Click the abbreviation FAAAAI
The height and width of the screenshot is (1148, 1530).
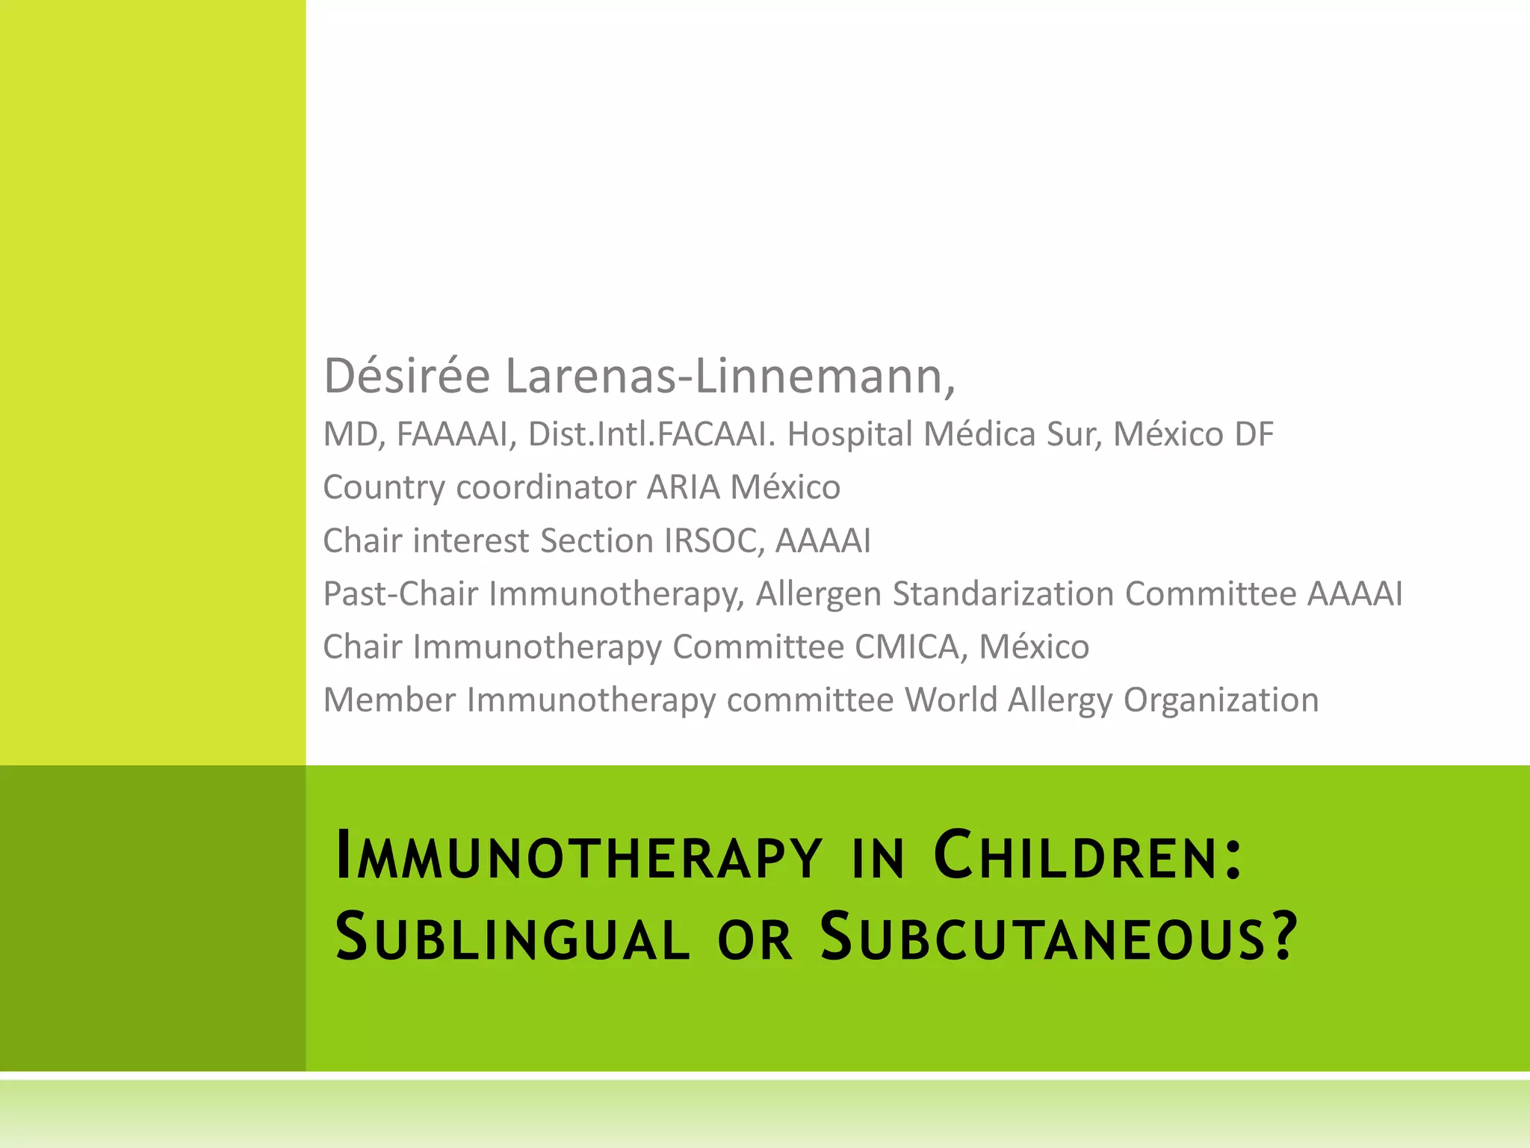click(x=452, y=434)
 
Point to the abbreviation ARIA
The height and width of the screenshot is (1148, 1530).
click(x=683, y=487)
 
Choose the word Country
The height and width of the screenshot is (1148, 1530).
click(x=384, y=487)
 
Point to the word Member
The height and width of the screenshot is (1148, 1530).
click(x=389, y=700)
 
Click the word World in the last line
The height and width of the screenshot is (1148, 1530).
click(x=950, y=700)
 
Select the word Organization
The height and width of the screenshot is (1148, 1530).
click(x=1221, y=700)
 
